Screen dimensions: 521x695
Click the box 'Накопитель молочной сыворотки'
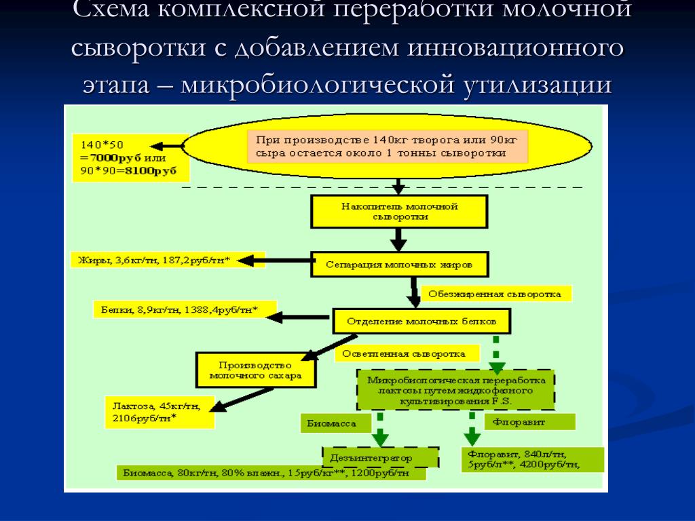[399, 212]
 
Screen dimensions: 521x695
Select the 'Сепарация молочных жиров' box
[399, 263]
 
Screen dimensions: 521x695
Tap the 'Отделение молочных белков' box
[421, 320]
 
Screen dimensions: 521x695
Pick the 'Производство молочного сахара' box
[255, 370]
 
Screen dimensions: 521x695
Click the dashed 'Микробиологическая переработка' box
[455, 390]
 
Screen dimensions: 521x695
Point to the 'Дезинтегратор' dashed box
[380, 458]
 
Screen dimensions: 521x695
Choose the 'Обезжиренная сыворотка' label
[496, 294]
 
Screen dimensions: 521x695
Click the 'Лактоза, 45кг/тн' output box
[159, 412]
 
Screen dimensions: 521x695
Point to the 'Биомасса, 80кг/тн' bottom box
[271, 473]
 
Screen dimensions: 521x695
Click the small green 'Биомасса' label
[336, 423]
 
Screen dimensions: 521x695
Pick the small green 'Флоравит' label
[529, 421]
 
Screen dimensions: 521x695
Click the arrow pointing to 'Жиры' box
[274, 260]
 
